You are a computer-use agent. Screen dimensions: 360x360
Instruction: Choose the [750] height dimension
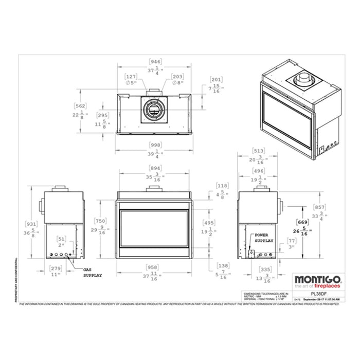pos(101,221)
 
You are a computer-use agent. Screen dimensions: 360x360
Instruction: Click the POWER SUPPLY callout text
pos(264,238)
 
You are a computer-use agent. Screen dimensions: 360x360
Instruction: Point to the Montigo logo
pos(314,281)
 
